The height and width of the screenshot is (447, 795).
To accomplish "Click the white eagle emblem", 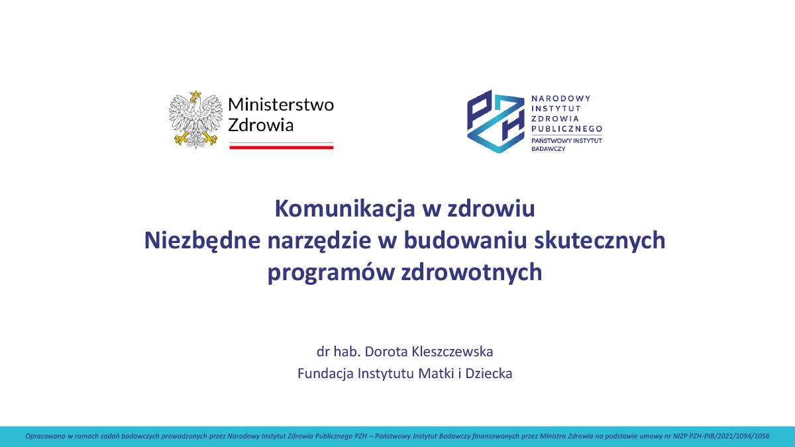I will pos(194,120).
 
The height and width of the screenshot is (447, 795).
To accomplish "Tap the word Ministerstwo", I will pos(281,105).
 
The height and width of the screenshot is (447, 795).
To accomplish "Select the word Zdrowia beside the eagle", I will pos(260,125).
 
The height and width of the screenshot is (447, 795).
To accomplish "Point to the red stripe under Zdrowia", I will pos(281,147).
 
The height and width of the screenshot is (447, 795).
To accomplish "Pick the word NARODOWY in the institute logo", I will pos(561,98).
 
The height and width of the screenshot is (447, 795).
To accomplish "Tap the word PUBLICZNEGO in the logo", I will pos(567,128).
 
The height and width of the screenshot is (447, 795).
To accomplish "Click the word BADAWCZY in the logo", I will pos(549,149).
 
